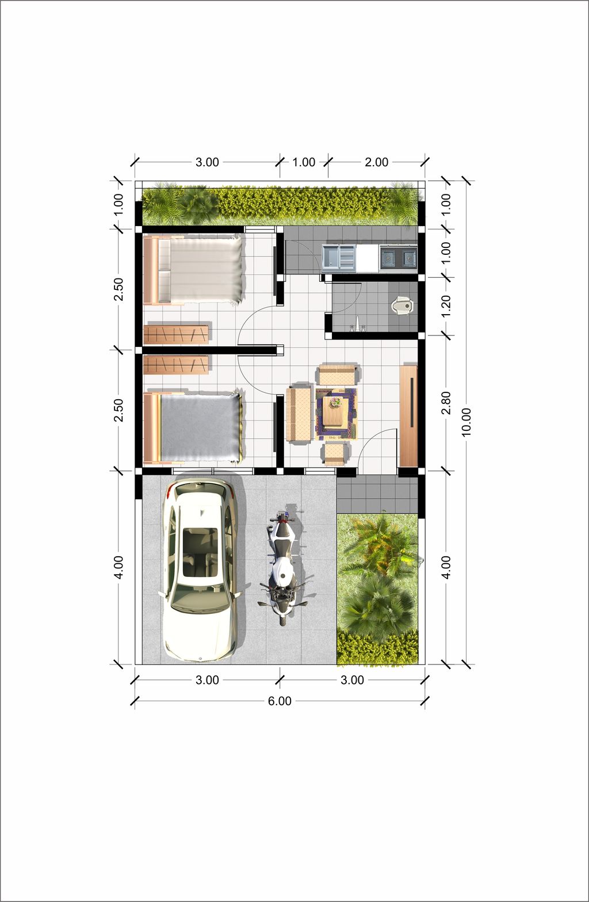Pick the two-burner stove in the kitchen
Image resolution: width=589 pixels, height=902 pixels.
pyautogui.click(x=398, y=257)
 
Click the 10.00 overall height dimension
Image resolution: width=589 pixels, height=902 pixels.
pyautogui.click(x=466, y=422)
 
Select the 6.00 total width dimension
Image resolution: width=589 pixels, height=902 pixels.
pyautogui.click(x=280, y=701)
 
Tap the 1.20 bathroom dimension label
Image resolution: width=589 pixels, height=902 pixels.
pyautogui.click(x=446, y=306)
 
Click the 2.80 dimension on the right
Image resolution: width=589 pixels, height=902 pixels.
pyautogui.click(x=446, y=403)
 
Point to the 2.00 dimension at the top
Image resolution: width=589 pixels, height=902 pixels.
pyautogui.click(x=376, y=162)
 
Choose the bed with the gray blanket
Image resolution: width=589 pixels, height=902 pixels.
pyautogui.click(x=193, y=427)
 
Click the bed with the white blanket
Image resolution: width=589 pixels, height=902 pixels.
pyautogui.click(x=193, y=269)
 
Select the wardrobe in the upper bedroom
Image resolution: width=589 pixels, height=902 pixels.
pyautogui.click(x=177, y=334)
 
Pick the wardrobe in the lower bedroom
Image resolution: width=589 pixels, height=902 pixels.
pyautogui.click(x=177, y=365)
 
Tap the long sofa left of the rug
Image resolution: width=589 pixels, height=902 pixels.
pyautogui.click(x=299, y=414)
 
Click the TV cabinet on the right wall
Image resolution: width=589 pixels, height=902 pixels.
pyautogui.click(x=408, y=415)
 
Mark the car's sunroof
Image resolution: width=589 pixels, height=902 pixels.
pyautogui.click(x=201, y=552)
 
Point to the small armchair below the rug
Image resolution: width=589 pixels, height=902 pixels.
pyautogui.click(x=336, y=454)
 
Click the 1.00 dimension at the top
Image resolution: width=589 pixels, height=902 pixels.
pyautogui.click(x=304, y=162)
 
